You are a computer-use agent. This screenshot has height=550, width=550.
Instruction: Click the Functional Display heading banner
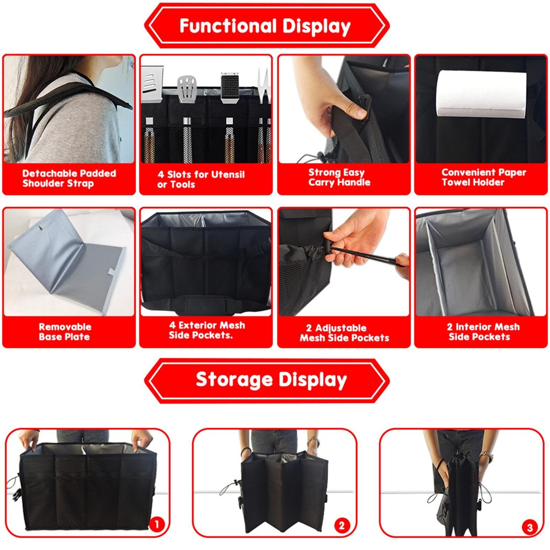(x=267, y=26)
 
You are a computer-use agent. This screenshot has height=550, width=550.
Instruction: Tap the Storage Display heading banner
(x=267, y=380)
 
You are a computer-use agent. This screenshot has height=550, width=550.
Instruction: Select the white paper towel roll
(x=481, y=94)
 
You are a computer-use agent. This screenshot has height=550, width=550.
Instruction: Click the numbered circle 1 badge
(x=157, y=525)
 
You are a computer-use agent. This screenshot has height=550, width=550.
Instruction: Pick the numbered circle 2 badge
(x=341, y=526)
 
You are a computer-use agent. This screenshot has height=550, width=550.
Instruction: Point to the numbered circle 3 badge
(x=529, y=527)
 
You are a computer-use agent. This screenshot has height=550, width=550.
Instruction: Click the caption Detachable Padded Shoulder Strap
(x=69, y=178)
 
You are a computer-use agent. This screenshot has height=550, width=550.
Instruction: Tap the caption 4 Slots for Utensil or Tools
(x=201, y=179)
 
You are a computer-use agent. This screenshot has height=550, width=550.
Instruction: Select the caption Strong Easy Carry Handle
(x=339, y=177)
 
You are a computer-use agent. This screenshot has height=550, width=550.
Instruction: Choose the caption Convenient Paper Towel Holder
(x=483, y=177)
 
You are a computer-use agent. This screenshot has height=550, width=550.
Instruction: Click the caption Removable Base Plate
(x=65, y=332)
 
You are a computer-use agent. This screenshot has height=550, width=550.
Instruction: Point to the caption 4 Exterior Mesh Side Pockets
(x=206, y=330)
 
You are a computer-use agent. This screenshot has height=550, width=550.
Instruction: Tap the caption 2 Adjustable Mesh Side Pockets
(x=344, y=333)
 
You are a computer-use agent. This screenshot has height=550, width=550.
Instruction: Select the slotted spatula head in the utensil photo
(x=187, y=89)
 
